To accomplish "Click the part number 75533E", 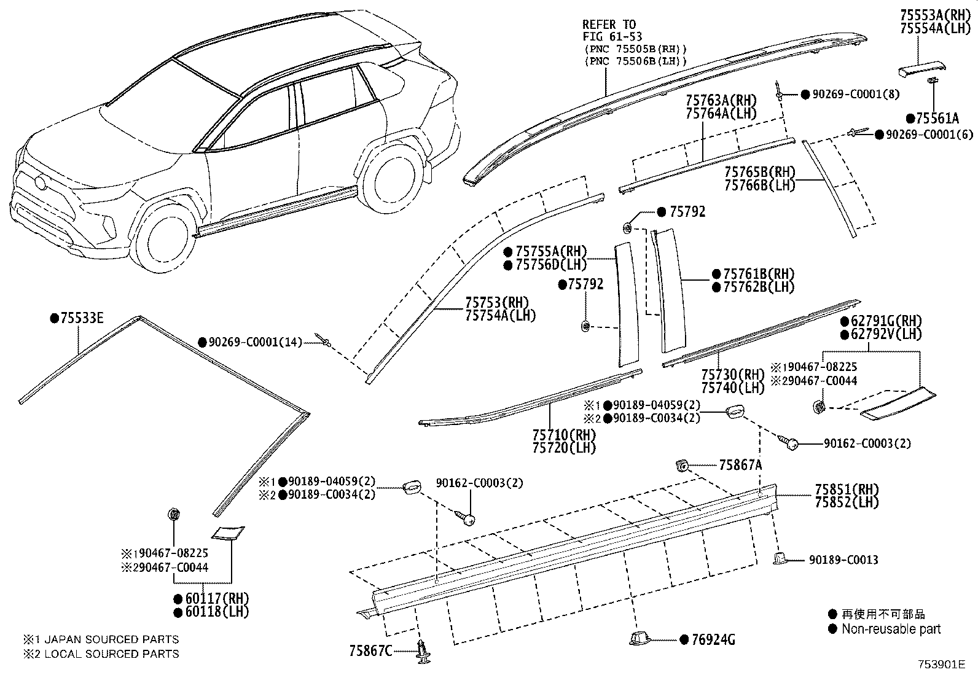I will pyautogui.click(x=82, y=318).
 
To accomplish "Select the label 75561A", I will pyautogui.click(x=937, y=119).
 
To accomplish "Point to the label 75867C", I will pyautogui.click(x=371, y=650).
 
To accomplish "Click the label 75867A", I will pyautogui.click(x=740, y=466).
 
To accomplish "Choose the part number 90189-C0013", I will pyautogui.click(x=843, y=560).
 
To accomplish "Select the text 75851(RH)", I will pyautogui.click(x=847, y=490).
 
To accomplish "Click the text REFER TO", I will pyautogui.click(x=609, y=25).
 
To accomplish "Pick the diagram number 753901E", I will pyautogui.click(x=942, y=665).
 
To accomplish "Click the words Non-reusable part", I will pyautogui.click(x=891, y=629).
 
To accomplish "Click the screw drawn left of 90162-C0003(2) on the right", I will pyautogui.click(x=788, y=442).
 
